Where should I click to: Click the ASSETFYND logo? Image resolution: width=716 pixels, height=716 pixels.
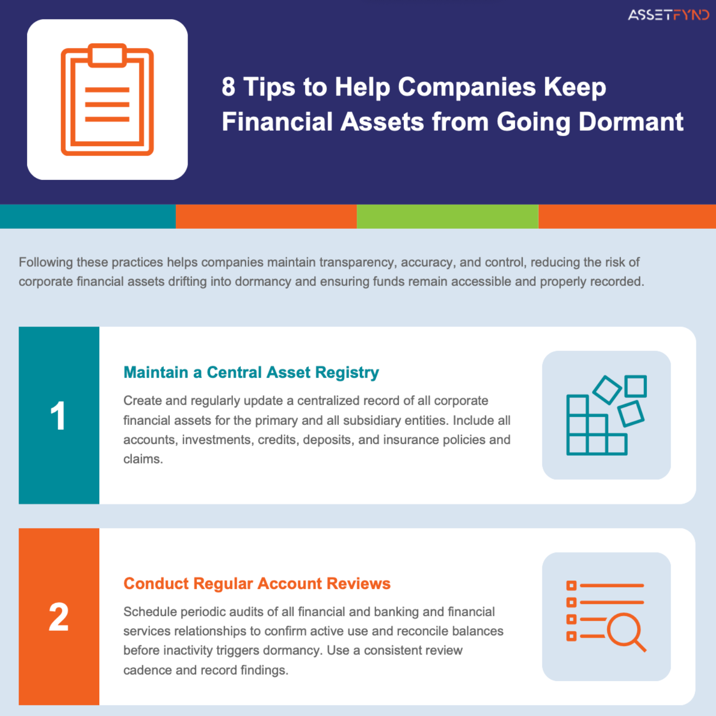tap(668, 15)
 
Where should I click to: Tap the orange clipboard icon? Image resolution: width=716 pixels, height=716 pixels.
tap(107, 100)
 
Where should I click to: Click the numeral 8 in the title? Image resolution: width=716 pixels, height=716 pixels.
tap(229, 87)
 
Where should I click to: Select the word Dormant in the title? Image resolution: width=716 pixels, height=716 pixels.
tap(631, 122)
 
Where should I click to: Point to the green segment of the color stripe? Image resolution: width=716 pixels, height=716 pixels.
tap(447, 216)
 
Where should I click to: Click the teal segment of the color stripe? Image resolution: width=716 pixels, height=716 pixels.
tap(88, 216)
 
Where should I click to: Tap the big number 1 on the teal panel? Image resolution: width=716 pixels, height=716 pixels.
tap(58, 416)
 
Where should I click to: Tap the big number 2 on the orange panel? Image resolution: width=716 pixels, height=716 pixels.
tap(59, 617)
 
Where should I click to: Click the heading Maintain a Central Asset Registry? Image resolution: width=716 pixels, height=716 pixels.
tap(251, 372)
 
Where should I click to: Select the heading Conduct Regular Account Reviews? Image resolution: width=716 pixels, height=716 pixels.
tap(257, 583)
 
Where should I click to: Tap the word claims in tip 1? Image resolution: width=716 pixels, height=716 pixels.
tap(143, 459)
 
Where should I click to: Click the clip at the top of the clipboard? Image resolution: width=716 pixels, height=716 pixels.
tap(107, 55)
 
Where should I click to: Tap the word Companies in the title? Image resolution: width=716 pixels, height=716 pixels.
tap(467, 87)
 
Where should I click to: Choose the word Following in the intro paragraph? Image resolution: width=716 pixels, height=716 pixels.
tap(46, 263)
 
